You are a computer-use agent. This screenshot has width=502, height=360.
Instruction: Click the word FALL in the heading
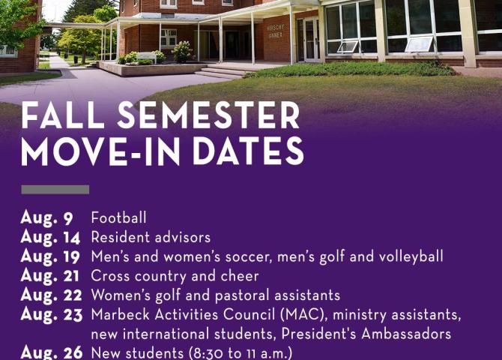pyautogui.click(x=63, y=115)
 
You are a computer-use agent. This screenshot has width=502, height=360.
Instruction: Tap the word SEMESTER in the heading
pyautogui.click(x=208, y=115)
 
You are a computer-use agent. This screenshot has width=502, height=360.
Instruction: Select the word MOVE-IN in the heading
pyautogui.click(x=100, y=151)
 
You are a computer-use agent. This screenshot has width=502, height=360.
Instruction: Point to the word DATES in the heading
pyautogui.click(x=248, y=151)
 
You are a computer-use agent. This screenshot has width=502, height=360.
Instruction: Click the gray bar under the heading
pyautogui.click(x=55, y=190)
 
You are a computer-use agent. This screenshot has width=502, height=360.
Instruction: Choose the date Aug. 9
pyautogui.click(x=46, y=218)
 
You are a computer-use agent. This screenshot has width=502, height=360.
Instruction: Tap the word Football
pyautogui.click(x=119, y=217)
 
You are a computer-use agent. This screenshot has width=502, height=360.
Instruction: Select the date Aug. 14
pyautogui.click(x=50, y=238)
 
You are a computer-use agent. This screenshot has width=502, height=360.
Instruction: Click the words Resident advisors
pyautogui.click(x=151, y=238)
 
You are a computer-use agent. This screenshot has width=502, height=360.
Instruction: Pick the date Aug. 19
pyautogui.click(x=50, y=256)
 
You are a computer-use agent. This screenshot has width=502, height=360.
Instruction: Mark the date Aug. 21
pyautogui.click(x=50, y=276)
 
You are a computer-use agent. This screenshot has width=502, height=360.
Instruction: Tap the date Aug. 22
pyautogui.click(x=51, y=295)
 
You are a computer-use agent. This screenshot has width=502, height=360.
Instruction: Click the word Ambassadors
pyautogui.click(x=406, y=334)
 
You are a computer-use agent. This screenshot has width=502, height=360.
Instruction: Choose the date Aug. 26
pyautogui.click(x=52, y=352)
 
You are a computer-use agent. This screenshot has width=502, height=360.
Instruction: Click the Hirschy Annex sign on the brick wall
pyautogui.click(x=275, y=31)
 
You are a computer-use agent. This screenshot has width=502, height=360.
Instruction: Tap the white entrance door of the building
pyautogui.click(x=311, y=40)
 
